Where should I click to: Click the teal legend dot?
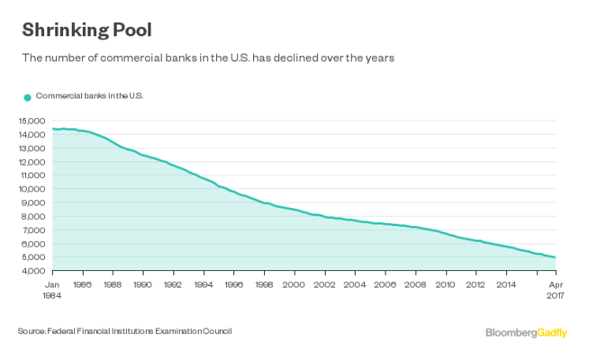(x=27, y=96)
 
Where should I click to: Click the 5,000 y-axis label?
(x=33, y=257)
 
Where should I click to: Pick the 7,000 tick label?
(x=33, y=229)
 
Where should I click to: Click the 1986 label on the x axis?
(x=82, y=283)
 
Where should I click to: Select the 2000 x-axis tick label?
(x=294, y=283)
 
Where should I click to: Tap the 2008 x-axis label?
(x=415, y=283)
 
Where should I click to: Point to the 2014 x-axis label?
(x=506, y=283)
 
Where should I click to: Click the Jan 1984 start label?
(x=52, y=288)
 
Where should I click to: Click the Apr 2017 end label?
(x=556, y=288)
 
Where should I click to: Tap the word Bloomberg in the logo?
(x=512, y=333)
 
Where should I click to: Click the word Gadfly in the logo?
(x=554, y=333)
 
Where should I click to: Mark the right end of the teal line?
(x=555, y=257)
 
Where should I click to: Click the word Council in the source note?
(x=216, y=331)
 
